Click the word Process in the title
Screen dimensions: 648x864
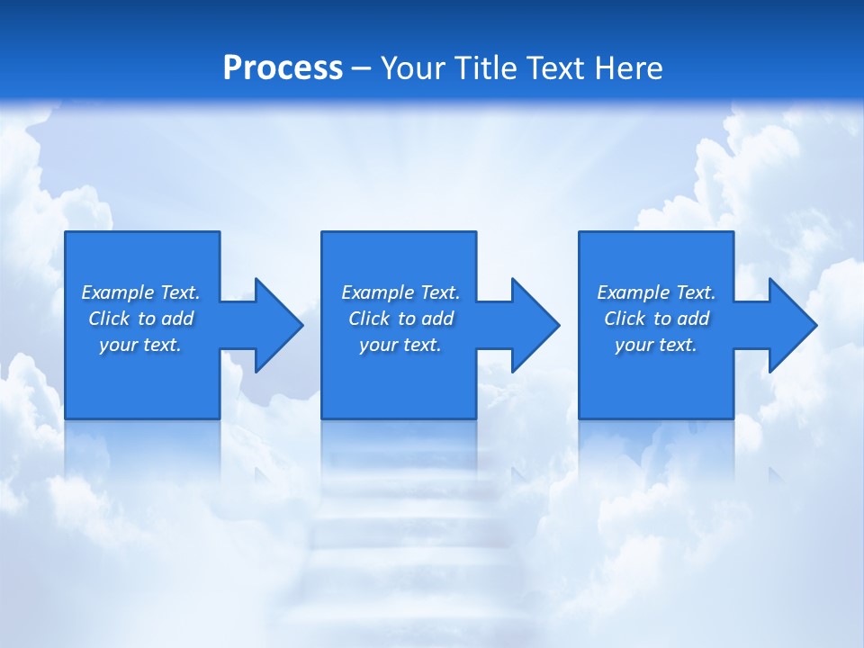(283, 68)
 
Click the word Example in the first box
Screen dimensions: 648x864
(117, 292)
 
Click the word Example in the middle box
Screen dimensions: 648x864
(377, 292)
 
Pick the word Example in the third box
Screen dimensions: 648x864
(633, 292)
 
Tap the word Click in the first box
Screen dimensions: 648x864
(109, 319)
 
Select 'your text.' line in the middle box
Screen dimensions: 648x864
(400, 345)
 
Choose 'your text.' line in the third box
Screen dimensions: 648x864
(655, 345)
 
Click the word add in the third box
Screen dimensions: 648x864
(693, 319)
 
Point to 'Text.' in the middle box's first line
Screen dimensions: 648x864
(440, 292)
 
